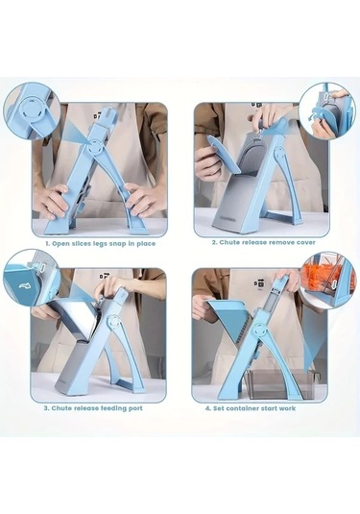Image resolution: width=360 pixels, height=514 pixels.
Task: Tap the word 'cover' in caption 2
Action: pos(306,242)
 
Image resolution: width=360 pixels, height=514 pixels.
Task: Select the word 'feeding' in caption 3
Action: pos(109,408)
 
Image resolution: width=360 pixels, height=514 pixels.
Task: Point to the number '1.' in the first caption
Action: pos(48,244)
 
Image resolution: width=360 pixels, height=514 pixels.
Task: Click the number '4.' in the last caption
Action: pos(208,408)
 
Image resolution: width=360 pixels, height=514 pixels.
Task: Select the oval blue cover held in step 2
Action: pos(224,154)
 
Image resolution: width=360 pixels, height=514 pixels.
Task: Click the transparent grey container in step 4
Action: pos(281,384)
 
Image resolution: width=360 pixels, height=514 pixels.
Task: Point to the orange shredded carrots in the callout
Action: pos(320,275)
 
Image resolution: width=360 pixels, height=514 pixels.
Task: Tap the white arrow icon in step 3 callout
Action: pos(24,286)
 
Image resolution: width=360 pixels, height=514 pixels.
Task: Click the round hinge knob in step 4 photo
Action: pos(259,330)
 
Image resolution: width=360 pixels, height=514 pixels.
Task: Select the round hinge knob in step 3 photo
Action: pos(113,323)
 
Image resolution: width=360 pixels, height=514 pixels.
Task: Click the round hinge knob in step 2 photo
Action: pos(279,153)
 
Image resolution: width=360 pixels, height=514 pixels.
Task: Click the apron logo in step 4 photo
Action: pos(261,282)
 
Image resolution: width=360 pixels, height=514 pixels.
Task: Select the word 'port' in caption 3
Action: pos(134,408)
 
